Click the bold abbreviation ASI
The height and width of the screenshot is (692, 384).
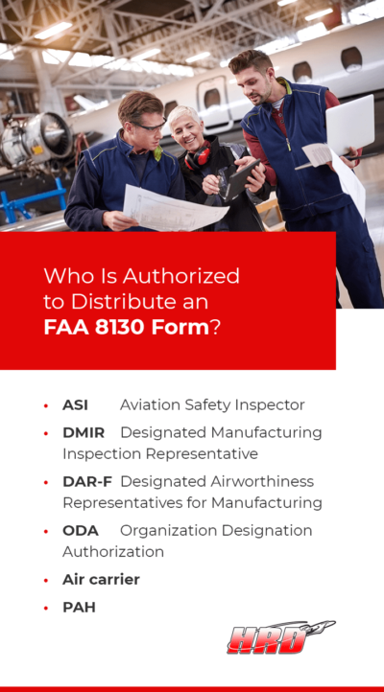click(76, 405)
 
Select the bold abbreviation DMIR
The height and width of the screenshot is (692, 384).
click(84, 433)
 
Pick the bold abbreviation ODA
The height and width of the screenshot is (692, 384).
click(81, 530)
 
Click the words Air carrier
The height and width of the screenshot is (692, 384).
click(101, 579)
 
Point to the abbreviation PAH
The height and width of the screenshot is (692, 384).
click(79, 607)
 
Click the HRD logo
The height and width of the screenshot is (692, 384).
click(278, 637)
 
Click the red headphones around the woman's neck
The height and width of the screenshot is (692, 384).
click(199, 156)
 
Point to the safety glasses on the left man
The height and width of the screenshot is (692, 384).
click(151, 126)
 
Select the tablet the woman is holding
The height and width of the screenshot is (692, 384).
click(240, 175)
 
